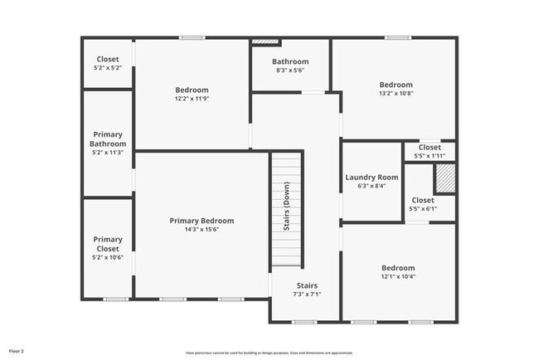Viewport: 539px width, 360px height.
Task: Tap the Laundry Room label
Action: tap(371, 177)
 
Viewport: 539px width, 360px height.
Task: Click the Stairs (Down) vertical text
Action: tap(287, 212)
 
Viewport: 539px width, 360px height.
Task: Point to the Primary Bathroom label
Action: tap(108, 139)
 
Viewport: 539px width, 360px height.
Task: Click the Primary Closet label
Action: tap(108, 244)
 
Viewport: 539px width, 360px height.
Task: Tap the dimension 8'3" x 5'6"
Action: tap(290, 71)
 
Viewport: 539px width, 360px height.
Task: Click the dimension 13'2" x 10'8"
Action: tap(396, 94)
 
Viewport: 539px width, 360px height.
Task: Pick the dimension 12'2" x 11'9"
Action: tap(192, 99)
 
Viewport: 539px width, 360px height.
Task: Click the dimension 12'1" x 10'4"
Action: tap(398, 276)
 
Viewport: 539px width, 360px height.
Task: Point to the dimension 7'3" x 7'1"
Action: tap(307, 294)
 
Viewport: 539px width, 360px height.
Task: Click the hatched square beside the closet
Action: tap(445, 178)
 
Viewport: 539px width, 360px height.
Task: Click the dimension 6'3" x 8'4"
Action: tap(371, 186)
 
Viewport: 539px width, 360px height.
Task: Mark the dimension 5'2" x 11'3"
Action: tap(108, 152)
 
